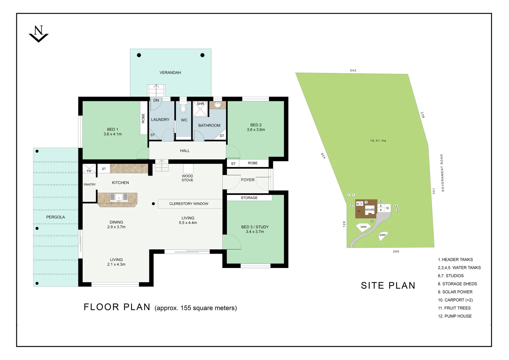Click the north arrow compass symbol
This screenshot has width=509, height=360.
39,34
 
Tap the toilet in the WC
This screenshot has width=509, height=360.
183,107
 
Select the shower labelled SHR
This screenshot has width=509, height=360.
200,109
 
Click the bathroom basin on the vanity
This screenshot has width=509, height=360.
218,105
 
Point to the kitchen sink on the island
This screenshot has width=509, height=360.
119,197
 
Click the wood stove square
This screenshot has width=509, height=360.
188,169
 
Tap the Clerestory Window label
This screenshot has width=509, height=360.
189,204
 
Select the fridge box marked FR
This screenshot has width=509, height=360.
89,169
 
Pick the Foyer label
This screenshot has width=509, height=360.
248,180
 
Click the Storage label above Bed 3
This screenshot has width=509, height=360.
249,198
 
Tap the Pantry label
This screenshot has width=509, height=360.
90,185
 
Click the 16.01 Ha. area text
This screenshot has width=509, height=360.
379,141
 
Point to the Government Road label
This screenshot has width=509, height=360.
442,173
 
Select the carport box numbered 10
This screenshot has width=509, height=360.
387,208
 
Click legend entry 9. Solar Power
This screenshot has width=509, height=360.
455,292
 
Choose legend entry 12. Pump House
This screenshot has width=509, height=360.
455,316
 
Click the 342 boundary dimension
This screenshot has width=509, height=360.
353,70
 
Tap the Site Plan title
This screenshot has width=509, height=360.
388,285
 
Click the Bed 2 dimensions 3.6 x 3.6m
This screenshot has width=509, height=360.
256,130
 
